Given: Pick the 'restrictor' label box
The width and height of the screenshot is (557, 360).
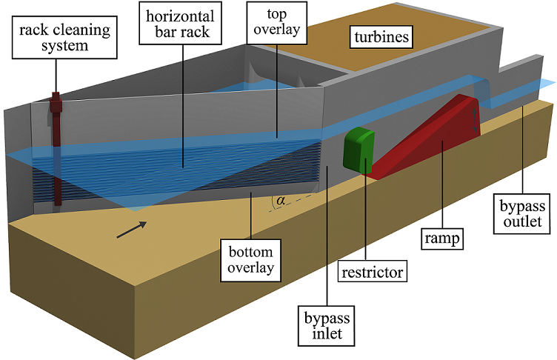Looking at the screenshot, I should click(373, 272).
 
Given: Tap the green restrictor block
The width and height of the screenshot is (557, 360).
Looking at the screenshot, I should click(359, 150).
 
